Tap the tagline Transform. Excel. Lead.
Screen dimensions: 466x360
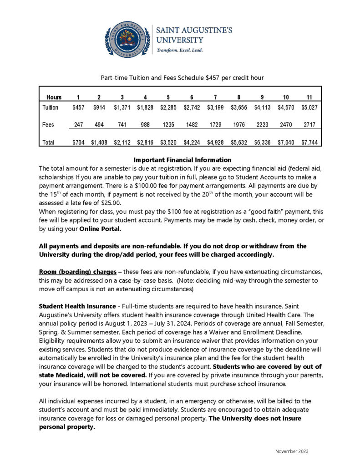(180, 50)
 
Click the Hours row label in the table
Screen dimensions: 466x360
(54, 97)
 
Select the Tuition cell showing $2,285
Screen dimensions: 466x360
(168, 107)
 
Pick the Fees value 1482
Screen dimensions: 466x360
(192, 124)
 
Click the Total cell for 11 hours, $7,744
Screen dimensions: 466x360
(309, 142)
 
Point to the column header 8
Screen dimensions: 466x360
(238, 97)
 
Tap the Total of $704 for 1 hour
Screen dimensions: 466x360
(78, 142)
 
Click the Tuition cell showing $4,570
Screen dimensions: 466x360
(286, 107)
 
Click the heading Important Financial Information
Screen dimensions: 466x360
(183, 160)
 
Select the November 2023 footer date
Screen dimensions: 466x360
(292, 451)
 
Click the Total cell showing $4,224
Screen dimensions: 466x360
(192, 142)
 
